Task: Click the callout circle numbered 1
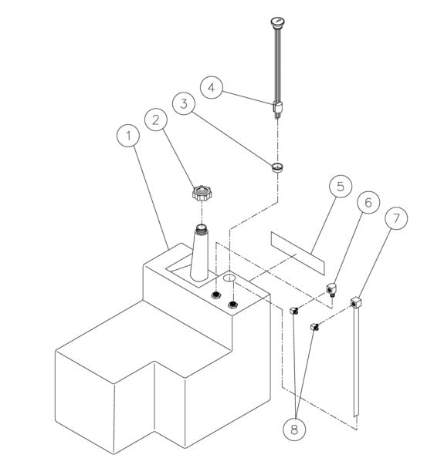[x=128, y=136]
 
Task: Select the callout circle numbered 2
[x=155, y=120]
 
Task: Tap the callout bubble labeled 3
[x=184, y=103]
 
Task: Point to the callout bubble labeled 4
[x=212, y=87]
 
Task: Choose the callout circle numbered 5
[x=341, y=187]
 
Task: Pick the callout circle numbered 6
[x=368, y=202]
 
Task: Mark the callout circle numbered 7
[x=396, y=218]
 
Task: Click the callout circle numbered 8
[x=294, y=429]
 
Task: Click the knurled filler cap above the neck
[x=202, y=194]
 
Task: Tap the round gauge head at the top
[x=277, y=22]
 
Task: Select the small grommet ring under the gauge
[x=277, y=167]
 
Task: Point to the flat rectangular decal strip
[x=297, y=253]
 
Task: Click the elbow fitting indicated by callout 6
[x=331, y=289]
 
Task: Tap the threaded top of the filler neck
[x=201, y=229]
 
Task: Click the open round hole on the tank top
[x=229, y=278]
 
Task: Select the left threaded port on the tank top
[x=216, y=295]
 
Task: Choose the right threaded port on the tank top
[x=232, y=304]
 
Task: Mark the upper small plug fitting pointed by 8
[x=294, y=310]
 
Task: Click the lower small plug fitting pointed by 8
[x=314, y=327]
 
